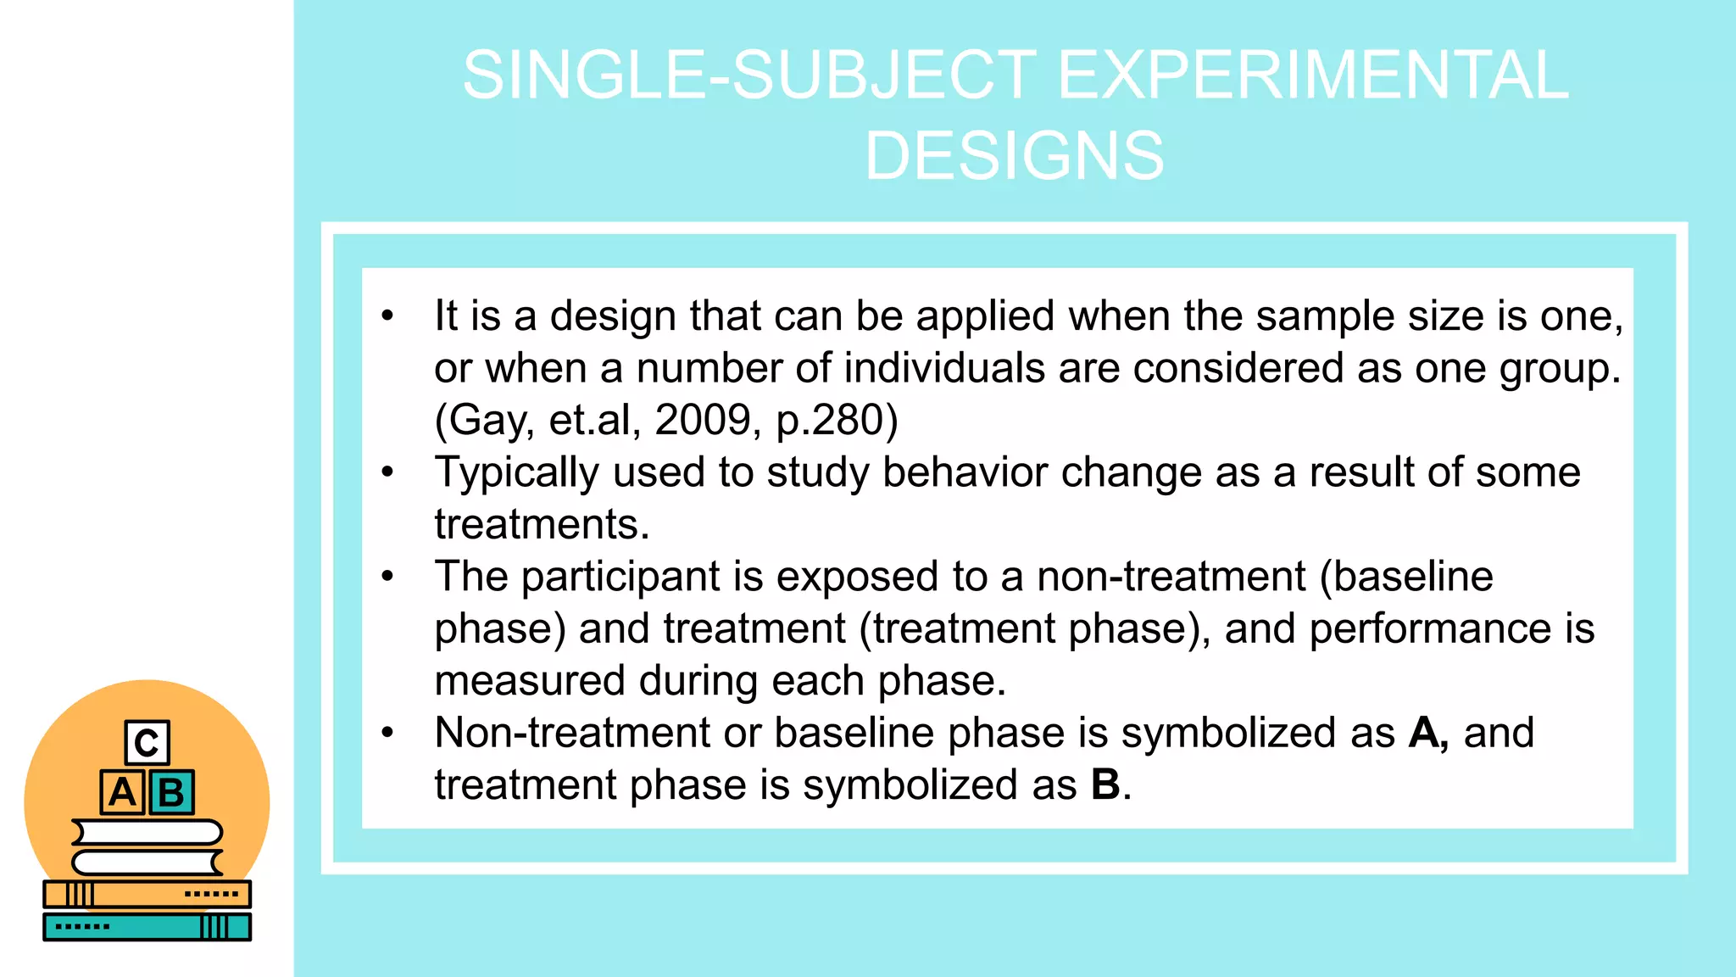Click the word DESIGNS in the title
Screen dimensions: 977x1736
[x=1014, y=156]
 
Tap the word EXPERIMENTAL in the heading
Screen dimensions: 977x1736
[x=1313, y=75]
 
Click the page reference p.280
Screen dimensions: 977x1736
[x=837, y=421]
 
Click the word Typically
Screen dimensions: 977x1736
[x=516, y=472]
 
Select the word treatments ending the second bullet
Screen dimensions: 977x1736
[x=541, y=524]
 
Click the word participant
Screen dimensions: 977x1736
[x=620, y=578]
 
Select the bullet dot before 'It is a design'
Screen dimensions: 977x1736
[x=387, y=315]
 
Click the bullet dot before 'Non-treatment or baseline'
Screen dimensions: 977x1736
[x=387, y=733]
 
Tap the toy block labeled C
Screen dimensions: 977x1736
[x=147, y=743]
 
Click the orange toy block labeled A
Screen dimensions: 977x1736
[x=122, y=792]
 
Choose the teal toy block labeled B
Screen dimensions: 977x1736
[x=172, y=792]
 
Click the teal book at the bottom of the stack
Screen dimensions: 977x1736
[x=147, y=927]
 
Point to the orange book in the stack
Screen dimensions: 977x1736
[x=147, y=894]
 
